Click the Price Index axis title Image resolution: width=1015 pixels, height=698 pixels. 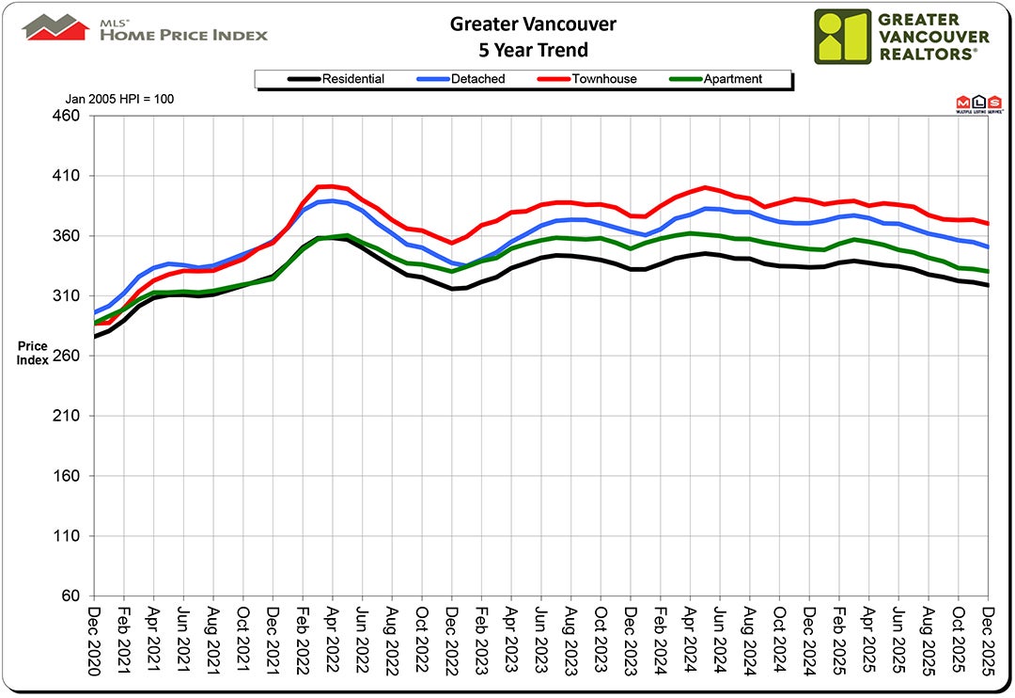click(x=32, y=354)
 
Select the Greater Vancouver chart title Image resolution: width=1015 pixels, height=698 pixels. click(x=520, y=24)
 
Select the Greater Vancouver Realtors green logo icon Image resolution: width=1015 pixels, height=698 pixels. click(x=843, y=37)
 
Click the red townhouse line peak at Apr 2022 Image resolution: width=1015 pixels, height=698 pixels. click(x=332, y=186)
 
